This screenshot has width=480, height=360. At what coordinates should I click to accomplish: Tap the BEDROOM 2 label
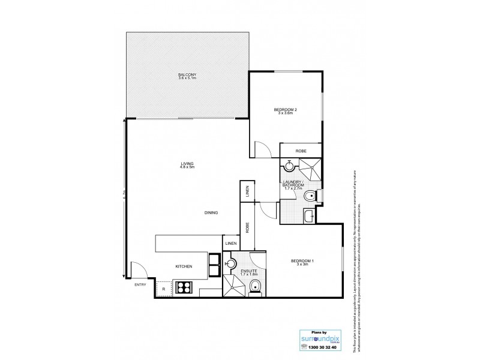286,110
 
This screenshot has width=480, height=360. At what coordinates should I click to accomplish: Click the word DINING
210,212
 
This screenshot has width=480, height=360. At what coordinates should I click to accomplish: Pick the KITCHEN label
183,266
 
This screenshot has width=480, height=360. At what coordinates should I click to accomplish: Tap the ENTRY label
140,284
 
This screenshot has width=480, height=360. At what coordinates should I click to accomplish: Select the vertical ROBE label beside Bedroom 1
247,227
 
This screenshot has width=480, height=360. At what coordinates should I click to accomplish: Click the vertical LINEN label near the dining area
247,191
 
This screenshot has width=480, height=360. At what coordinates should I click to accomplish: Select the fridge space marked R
164,289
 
